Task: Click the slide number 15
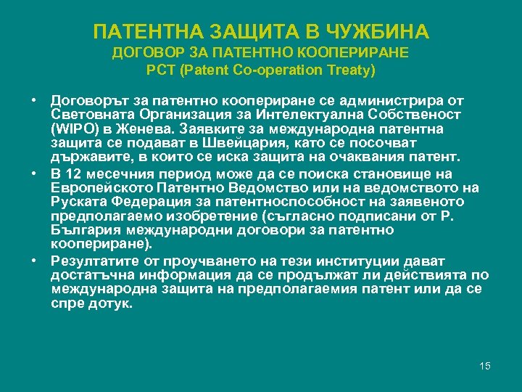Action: coord(485,365)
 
